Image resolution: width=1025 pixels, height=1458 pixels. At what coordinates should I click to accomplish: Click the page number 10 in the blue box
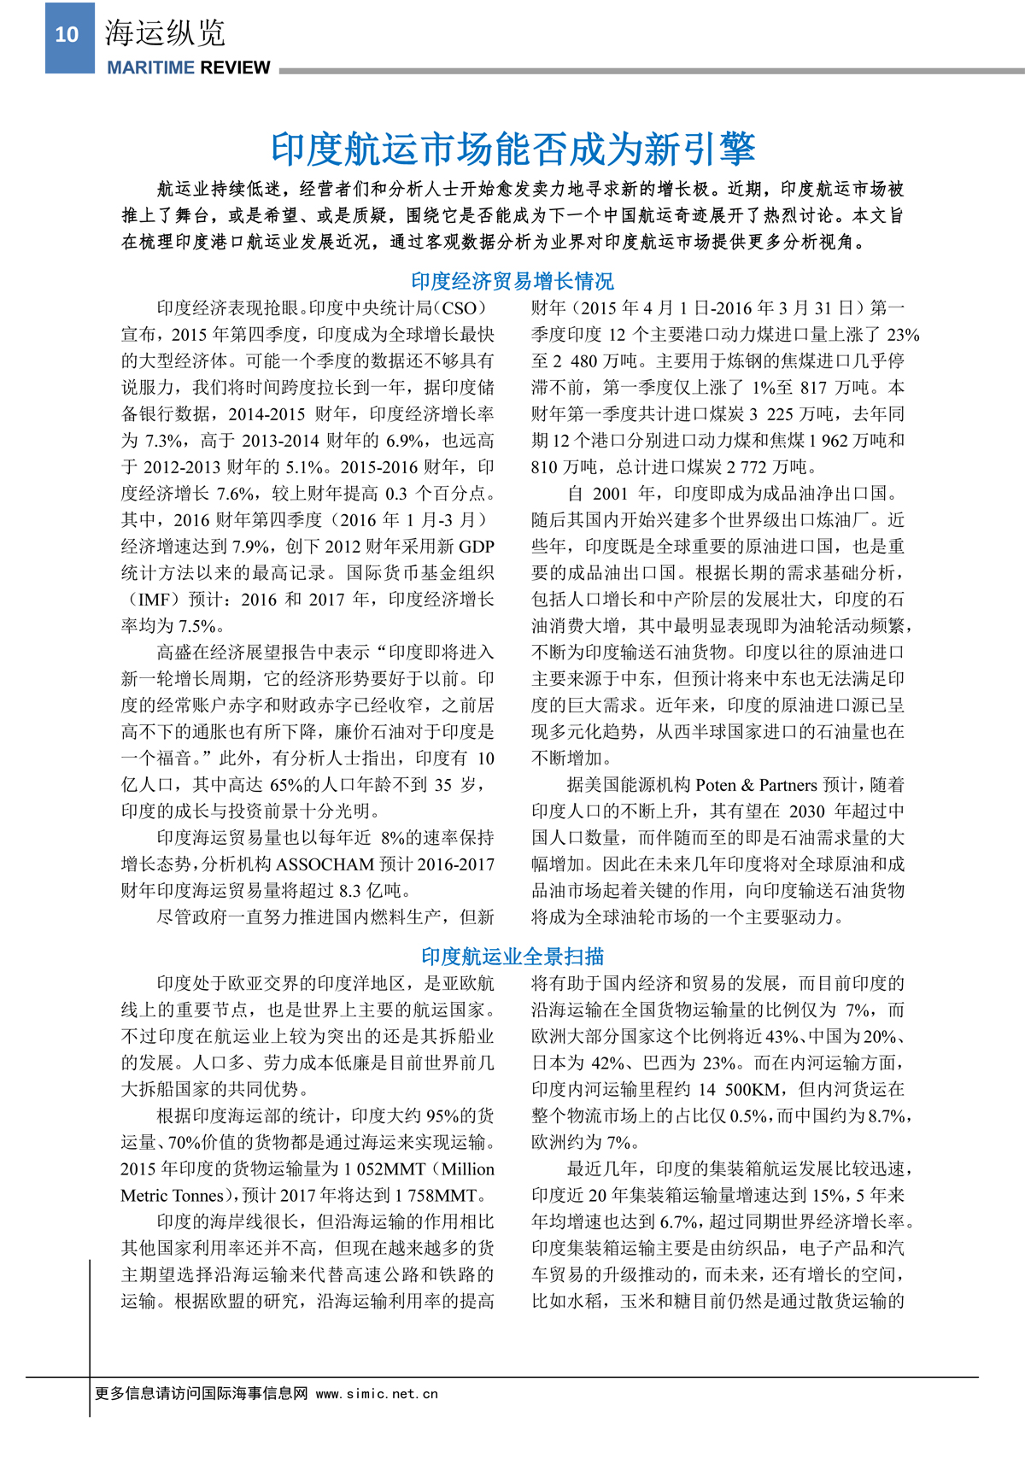coord(67,35)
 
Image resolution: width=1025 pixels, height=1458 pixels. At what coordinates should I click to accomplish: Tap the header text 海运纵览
coord(165,33)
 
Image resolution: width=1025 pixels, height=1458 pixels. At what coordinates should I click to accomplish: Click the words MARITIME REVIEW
coord(189,68)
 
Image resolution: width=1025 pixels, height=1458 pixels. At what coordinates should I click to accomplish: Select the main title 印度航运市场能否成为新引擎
coord(512,149)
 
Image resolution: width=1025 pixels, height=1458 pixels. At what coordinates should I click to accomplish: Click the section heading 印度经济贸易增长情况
coord(512,281)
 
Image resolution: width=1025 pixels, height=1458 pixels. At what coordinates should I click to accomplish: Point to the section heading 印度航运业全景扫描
coord(512,957)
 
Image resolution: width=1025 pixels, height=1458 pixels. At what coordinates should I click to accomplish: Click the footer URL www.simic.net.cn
coord(377,1394)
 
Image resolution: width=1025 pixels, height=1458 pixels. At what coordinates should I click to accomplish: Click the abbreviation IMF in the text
coord(154,600)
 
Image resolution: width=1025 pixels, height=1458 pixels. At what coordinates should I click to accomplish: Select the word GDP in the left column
coord(476,547)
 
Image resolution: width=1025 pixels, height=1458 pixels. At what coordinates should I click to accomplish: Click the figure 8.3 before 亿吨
coord(350,891)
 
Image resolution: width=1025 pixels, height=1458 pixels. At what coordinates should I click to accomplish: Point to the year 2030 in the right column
coord(806,811)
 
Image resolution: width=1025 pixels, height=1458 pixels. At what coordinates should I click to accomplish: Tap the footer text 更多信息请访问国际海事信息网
coord(201,1394)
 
